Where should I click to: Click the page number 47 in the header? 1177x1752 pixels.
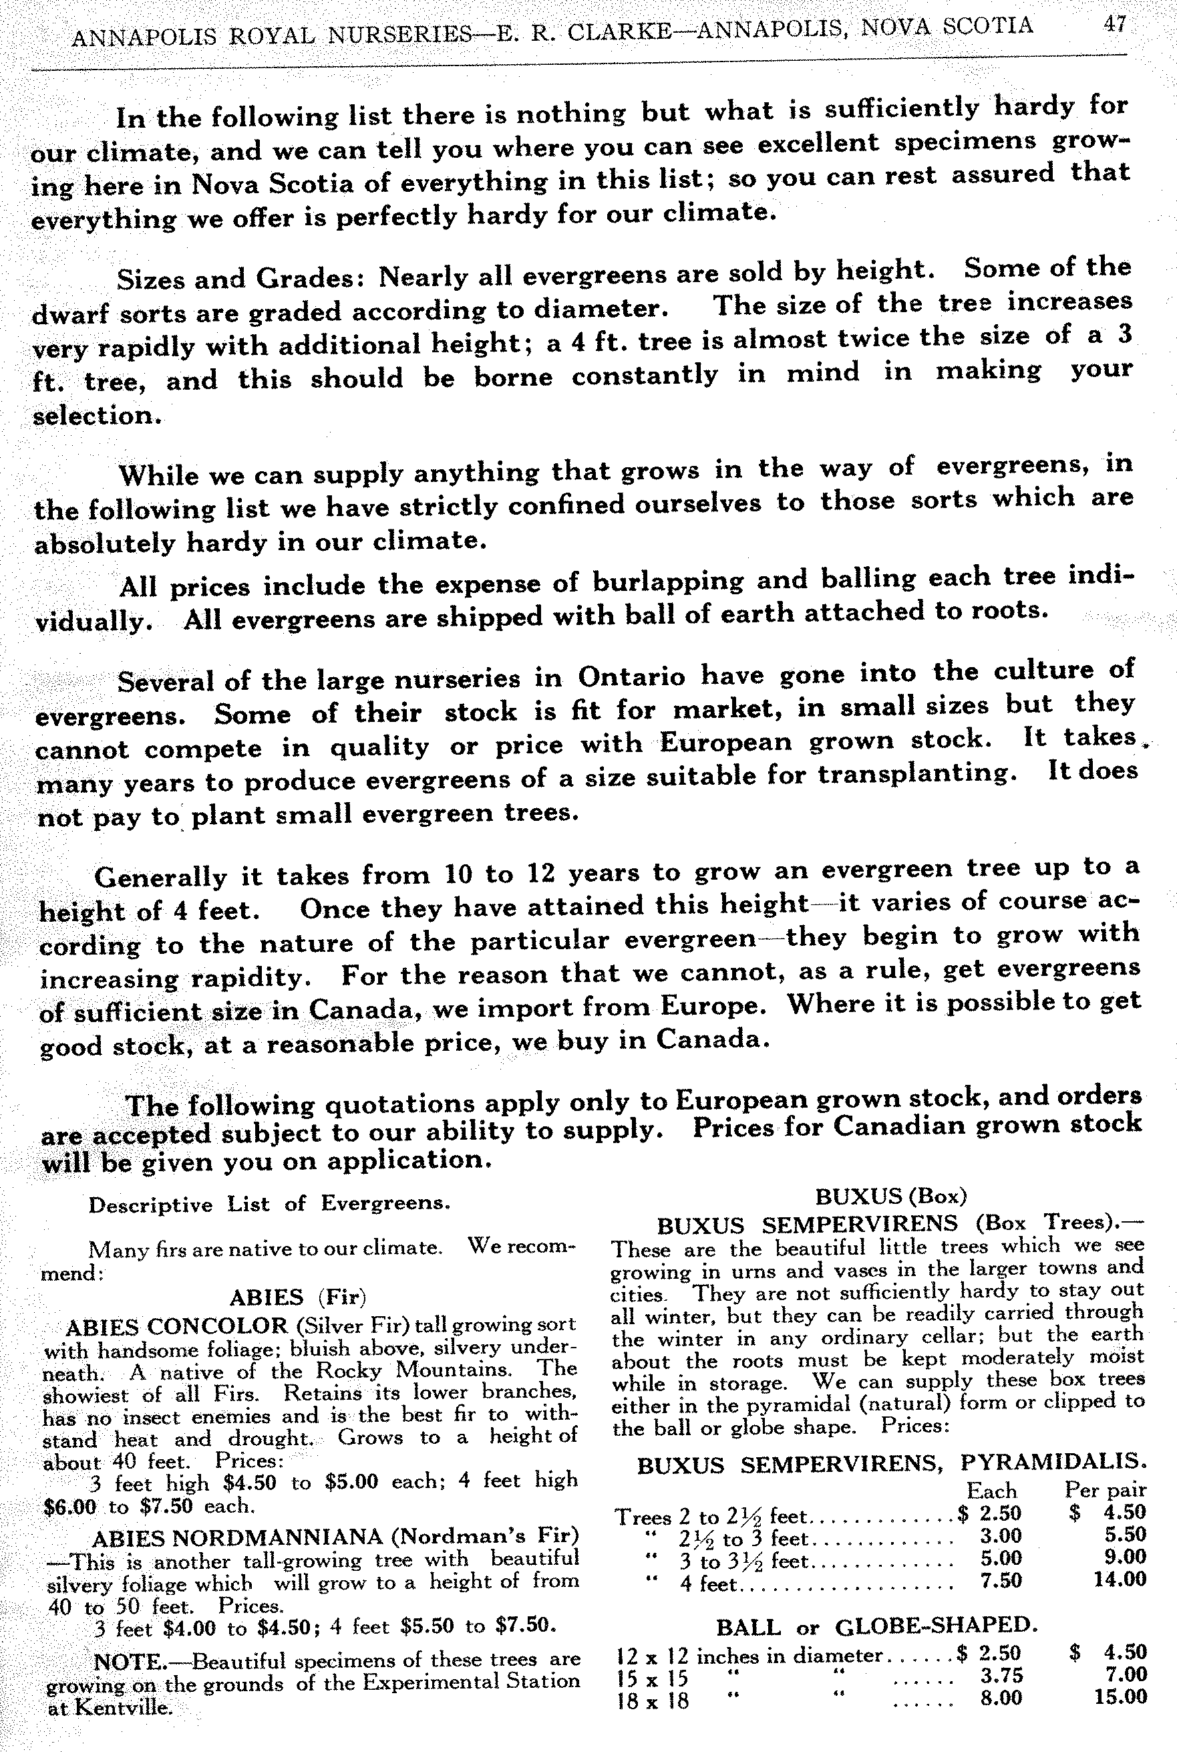[1115, 24]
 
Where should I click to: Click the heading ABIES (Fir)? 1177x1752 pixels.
[297, 1297]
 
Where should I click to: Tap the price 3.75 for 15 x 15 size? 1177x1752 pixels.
[1001, 1675]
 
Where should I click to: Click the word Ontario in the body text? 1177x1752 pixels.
[631, 676]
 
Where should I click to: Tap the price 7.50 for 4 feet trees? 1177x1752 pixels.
[1001, 1580]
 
